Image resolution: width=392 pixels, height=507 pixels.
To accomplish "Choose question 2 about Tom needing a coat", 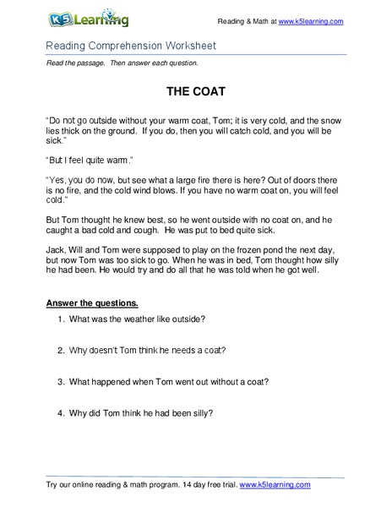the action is (x=155, y=350).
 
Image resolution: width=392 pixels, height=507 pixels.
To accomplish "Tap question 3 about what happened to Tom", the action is (x=169, y=380).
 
